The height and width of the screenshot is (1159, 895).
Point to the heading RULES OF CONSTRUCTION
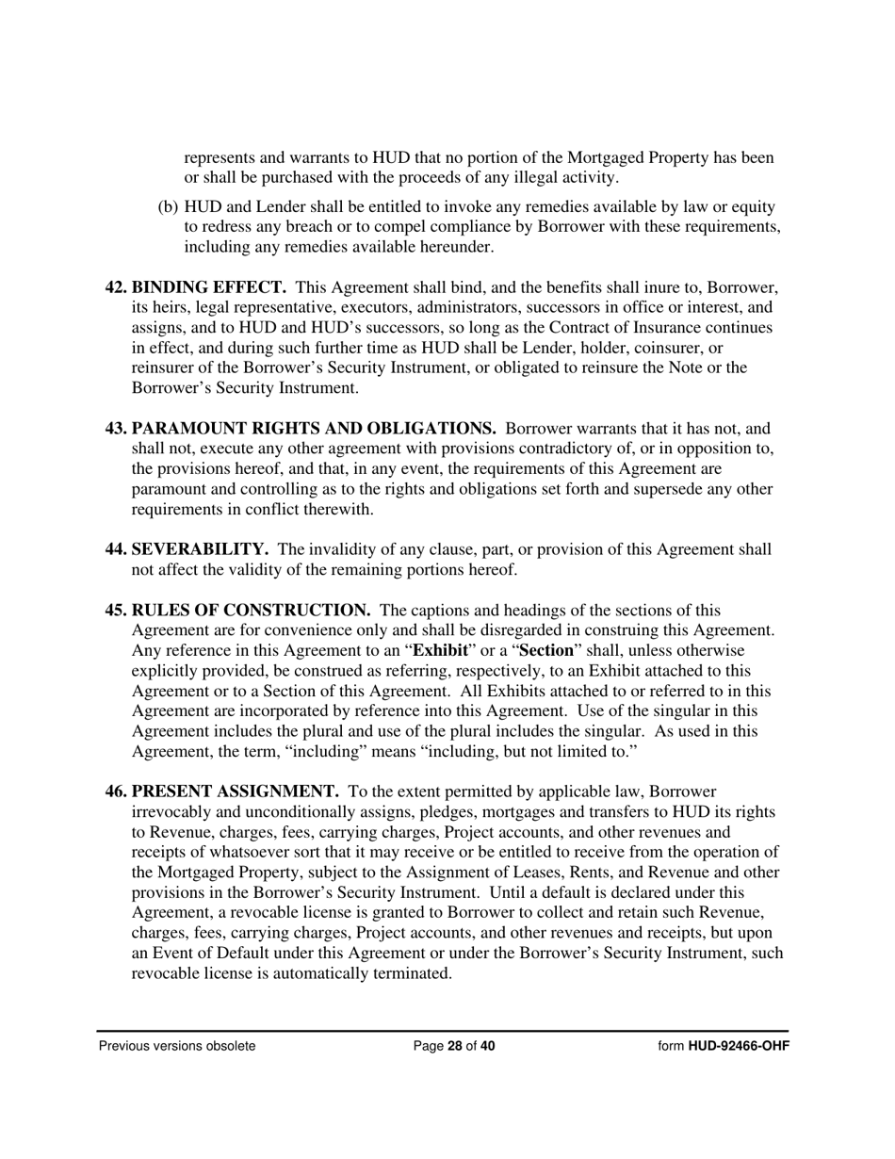[x=251, y=611]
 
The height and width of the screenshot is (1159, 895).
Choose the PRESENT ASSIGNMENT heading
[x=236, y=792]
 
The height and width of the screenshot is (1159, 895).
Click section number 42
[x=116, y=287]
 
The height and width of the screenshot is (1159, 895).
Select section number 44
[x=116, y=549]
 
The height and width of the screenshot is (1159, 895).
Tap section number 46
[x=116, y=792]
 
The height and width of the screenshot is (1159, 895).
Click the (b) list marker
[x=168, y=206]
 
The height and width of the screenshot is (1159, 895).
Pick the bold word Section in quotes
[x=546, y=651]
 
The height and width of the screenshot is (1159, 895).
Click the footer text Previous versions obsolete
[x=177, y=1046]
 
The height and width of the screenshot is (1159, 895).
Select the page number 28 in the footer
[x=455, y=1046]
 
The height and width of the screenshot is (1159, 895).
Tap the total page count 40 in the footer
[x=486, y=1046]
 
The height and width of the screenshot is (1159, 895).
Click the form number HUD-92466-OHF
[x=739, y=1046]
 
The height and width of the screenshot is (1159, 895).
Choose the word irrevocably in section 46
[x=172, y=812]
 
